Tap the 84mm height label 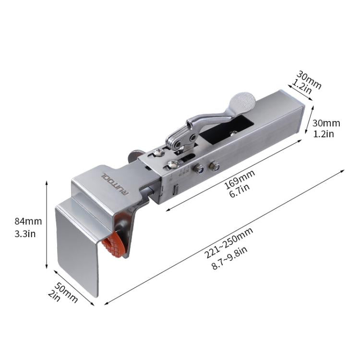click(x=28, y=222)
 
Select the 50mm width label click(x=66, y=291)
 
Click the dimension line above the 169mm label click(x=235, y=173)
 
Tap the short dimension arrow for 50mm click(x=75, y=288)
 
